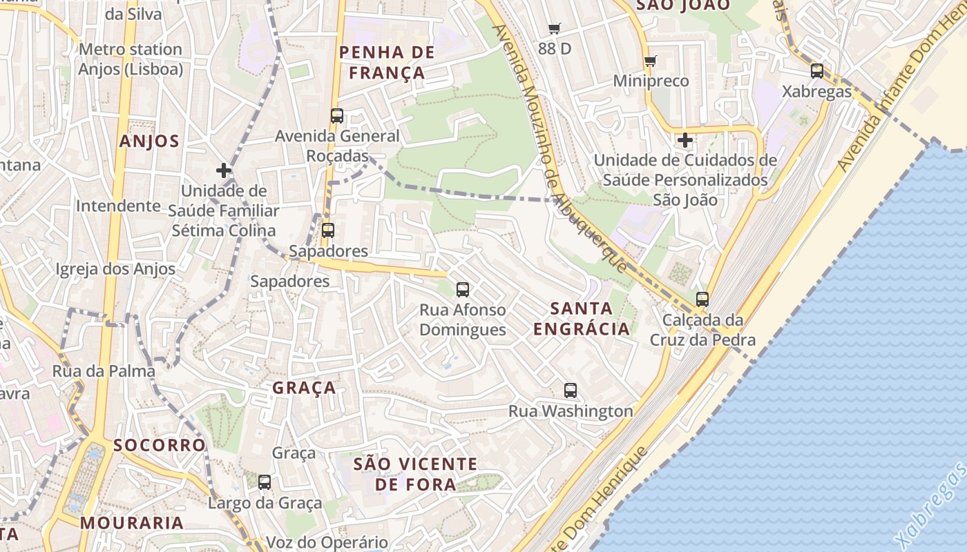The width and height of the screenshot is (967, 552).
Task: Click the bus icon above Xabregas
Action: click(x=817, y=70)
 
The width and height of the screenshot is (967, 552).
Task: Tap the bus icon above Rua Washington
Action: click(x=571, y=390)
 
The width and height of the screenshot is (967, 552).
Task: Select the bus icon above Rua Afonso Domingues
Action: click(x=463, y=290)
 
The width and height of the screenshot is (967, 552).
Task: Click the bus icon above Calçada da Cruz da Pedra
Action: click(x=702, y=299)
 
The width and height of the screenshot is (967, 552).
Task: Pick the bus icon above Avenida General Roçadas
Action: click(x=337, y=116)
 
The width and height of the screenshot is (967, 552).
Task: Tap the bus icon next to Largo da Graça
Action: click(x=265, y=482)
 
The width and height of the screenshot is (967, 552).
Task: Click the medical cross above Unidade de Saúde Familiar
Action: click(x=224, y=170)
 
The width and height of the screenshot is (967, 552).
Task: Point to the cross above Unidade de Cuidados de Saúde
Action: click(x=685, y=141)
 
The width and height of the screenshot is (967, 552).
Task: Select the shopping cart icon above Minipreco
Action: click(x=650, y=61)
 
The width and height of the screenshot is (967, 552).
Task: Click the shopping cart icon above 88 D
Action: click(x=554, y=28)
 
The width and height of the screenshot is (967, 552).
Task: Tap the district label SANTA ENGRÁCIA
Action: click(x=582, y=318)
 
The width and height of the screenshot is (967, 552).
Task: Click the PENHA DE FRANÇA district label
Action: click(x=387, y=62)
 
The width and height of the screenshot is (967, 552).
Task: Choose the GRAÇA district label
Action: click(x=304, y=388)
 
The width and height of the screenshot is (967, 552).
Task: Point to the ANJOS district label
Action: click(x=149, y=141)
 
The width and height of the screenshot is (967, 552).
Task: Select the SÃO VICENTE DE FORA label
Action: click(x=415, y=474)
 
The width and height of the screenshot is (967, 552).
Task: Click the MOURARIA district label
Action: click(x=132, y=522)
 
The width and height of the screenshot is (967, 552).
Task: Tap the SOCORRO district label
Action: click(x=160, y=445)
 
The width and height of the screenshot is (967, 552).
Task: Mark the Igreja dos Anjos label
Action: click(x=115, y=269)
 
